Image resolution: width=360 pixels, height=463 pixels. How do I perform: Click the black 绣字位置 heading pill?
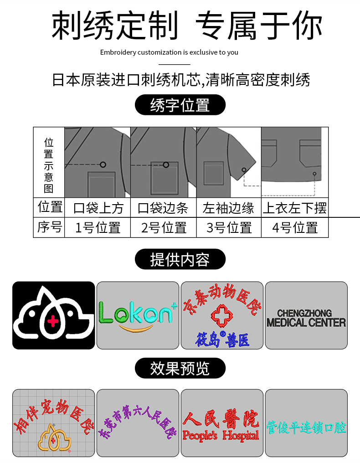pos(180,105)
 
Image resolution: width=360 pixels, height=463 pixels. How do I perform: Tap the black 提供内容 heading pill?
pos(180,259)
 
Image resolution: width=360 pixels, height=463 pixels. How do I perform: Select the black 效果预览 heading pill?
pos(180,368)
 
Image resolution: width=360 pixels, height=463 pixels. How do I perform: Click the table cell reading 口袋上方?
pos(98,208)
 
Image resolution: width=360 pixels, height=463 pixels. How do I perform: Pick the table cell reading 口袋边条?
pos(163,208)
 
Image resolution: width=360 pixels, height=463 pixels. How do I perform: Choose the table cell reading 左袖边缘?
pos(228,208)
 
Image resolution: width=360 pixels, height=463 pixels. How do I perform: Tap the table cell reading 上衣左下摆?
pos(294,208)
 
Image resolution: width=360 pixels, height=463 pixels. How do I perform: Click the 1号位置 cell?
pos(98,227)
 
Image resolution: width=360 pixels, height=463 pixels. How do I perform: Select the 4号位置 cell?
pos(294,227)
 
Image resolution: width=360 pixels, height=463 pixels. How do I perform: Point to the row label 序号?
pos(49,227)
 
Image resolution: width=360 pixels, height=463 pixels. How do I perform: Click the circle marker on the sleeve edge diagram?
pos(244,170)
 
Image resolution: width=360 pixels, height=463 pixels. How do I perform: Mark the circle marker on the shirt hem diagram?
pos(314,174)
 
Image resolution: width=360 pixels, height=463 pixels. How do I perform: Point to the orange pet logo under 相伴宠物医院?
pos(54,437)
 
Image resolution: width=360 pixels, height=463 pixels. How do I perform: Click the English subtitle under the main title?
pos(169,52)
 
